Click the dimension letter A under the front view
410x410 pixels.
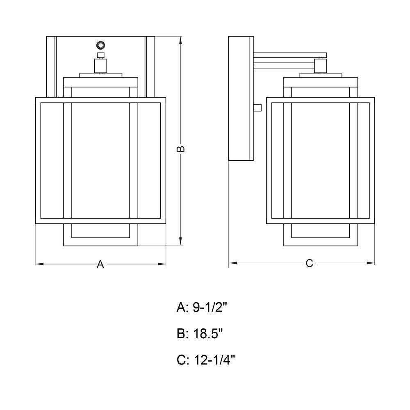[100, 264]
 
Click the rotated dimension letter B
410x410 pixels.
[181, 149]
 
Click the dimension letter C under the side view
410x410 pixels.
[309, 263]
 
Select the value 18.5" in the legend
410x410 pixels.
[208, 334]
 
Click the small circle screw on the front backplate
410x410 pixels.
[100, 46]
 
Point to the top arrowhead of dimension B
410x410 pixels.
[181, 41]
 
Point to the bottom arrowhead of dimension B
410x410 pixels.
[181, 241]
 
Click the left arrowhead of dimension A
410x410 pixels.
[40, 264]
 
